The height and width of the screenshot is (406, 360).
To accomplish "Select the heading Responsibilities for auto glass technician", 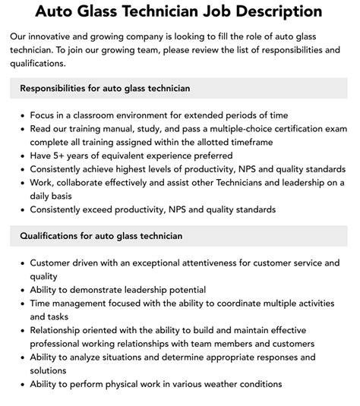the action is click(105, 88).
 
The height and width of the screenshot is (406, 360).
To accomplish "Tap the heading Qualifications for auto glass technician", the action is click(100, 236).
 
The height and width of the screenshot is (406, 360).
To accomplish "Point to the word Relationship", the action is click(60, 331).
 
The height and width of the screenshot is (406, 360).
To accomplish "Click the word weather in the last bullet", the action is click(225, 384).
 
